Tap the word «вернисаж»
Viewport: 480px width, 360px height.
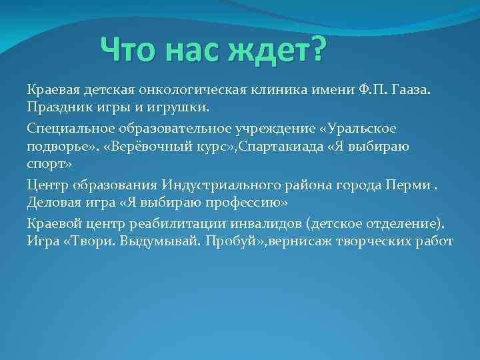[x=302, y=240]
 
